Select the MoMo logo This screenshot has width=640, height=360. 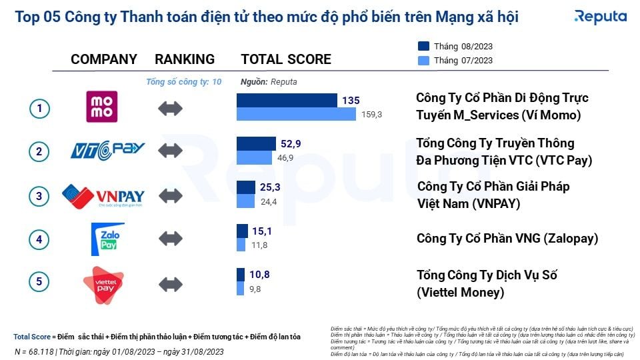click(x=102, y=107)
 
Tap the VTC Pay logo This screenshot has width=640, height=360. click(x=107, y=151)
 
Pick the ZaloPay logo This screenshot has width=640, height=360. click(x=107, y=239)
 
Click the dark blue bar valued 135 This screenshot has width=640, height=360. click(x=287, y=100)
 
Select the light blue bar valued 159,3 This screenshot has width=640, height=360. click(x=296, y=115)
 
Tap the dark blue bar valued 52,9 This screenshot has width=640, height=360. click(x=256, y=143)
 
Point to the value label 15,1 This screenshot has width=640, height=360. click(x=262, y=231)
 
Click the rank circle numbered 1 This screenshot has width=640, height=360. click(x=39, y=108)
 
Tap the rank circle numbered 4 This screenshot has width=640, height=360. click(x=39, y=239)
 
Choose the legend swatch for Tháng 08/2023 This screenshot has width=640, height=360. click(x=423, y=46)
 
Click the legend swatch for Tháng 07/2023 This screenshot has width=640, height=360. click(x=423, y=60)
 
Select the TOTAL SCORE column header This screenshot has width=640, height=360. click(x=286, y=59)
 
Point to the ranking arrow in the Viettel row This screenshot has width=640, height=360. click(x=171, y=283)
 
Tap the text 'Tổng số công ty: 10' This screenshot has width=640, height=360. click(x=183, y=82)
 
